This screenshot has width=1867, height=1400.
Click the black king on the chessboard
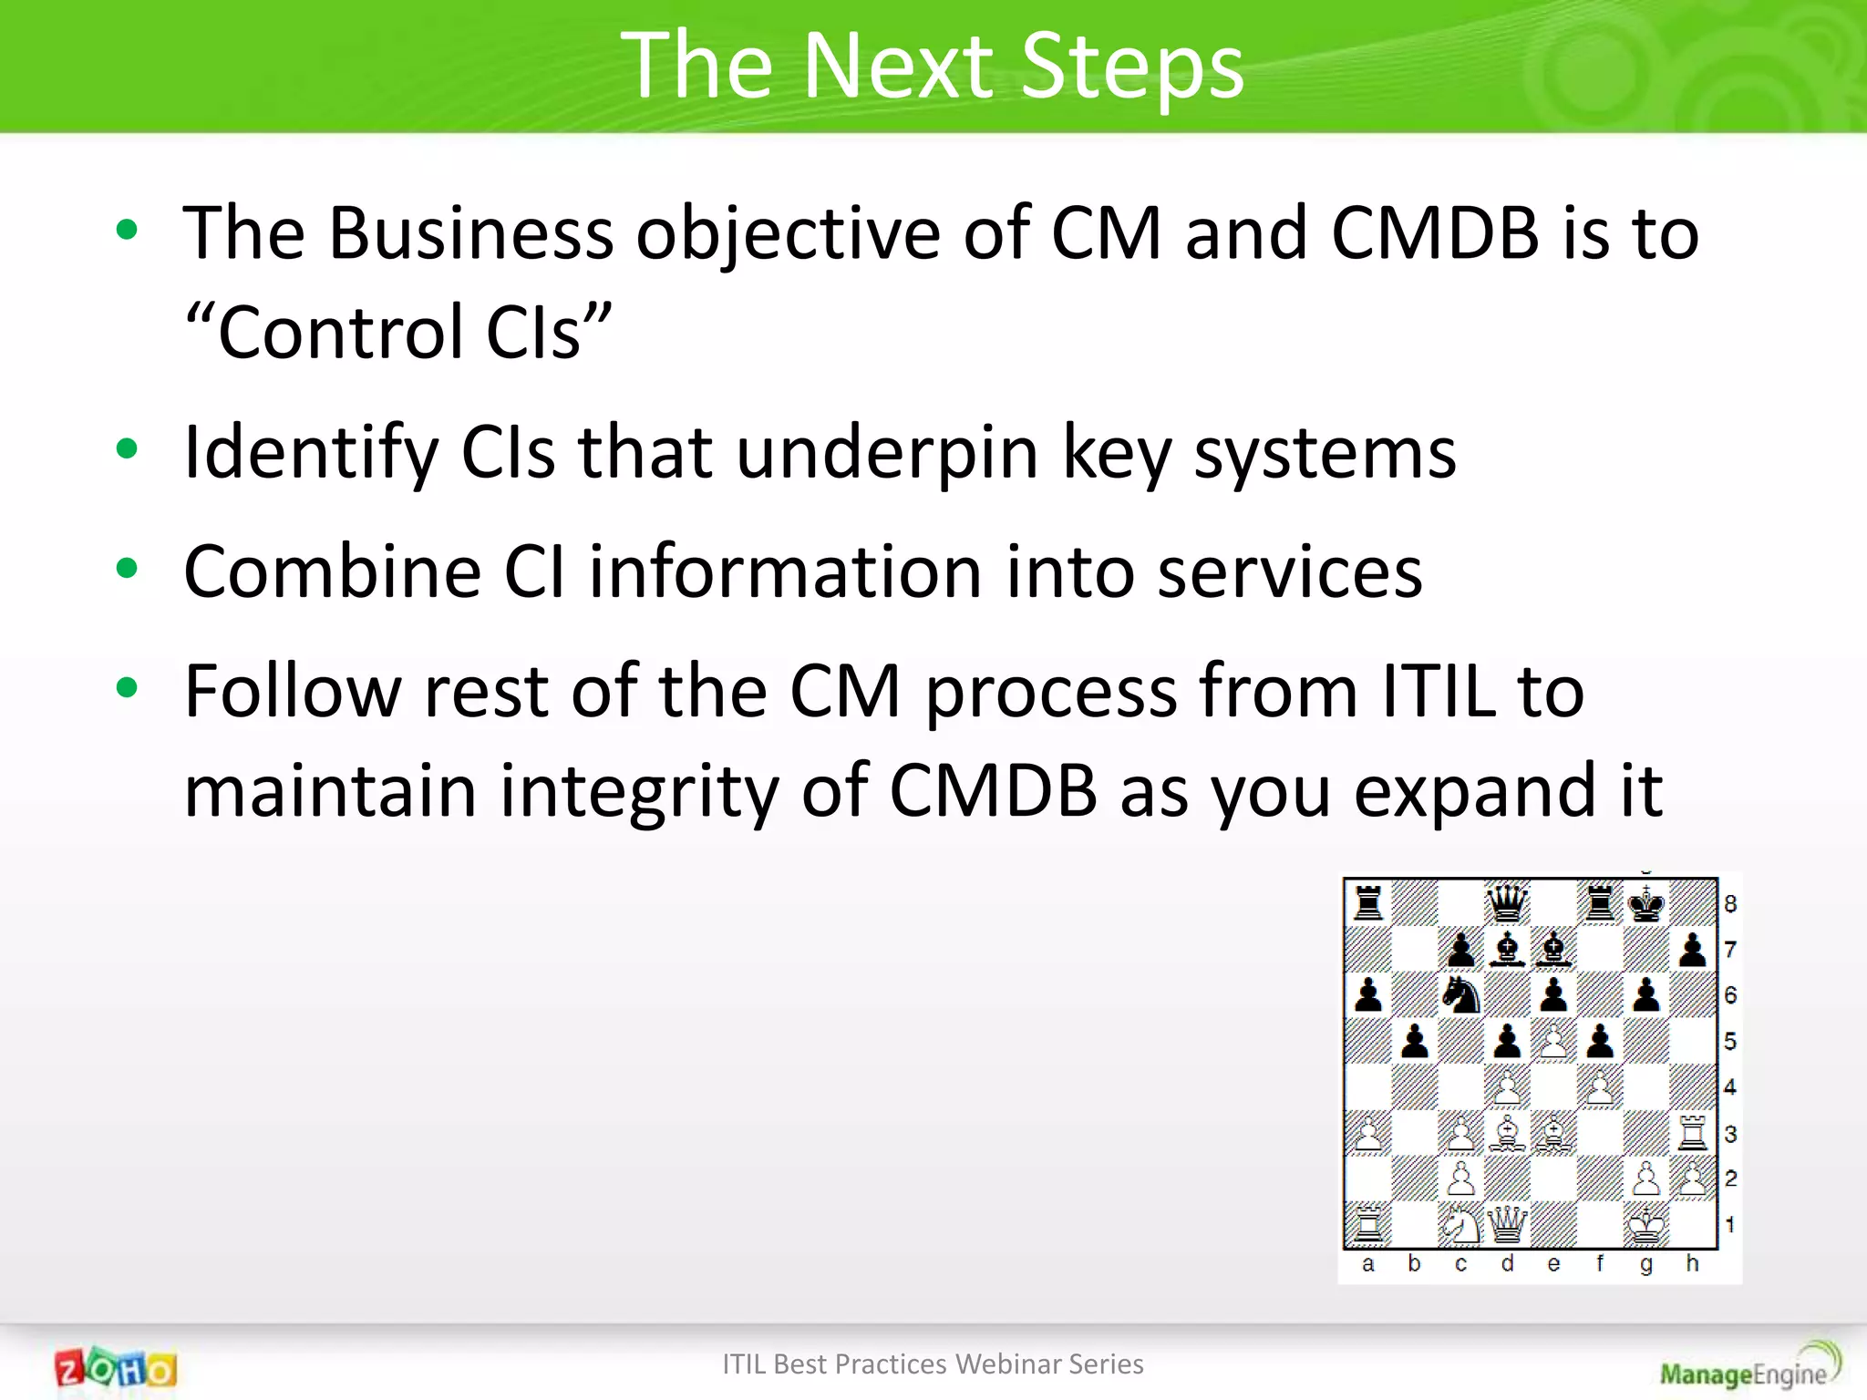pos(1645,904)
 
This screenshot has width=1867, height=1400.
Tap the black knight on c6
pos(1461,994)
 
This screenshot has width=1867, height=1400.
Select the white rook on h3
pos(1692,1133)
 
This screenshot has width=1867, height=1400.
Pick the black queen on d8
pos(1507,904)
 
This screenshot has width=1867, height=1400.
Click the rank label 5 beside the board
pos(1730,1041)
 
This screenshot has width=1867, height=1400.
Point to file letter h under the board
pos(1692,1263)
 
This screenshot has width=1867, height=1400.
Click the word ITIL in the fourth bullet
pos(1438,691)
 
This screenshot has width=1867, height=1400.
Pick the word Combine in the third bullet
pos(332,571)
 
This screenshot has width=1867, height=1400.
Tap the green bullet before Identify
pos(127,448)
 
